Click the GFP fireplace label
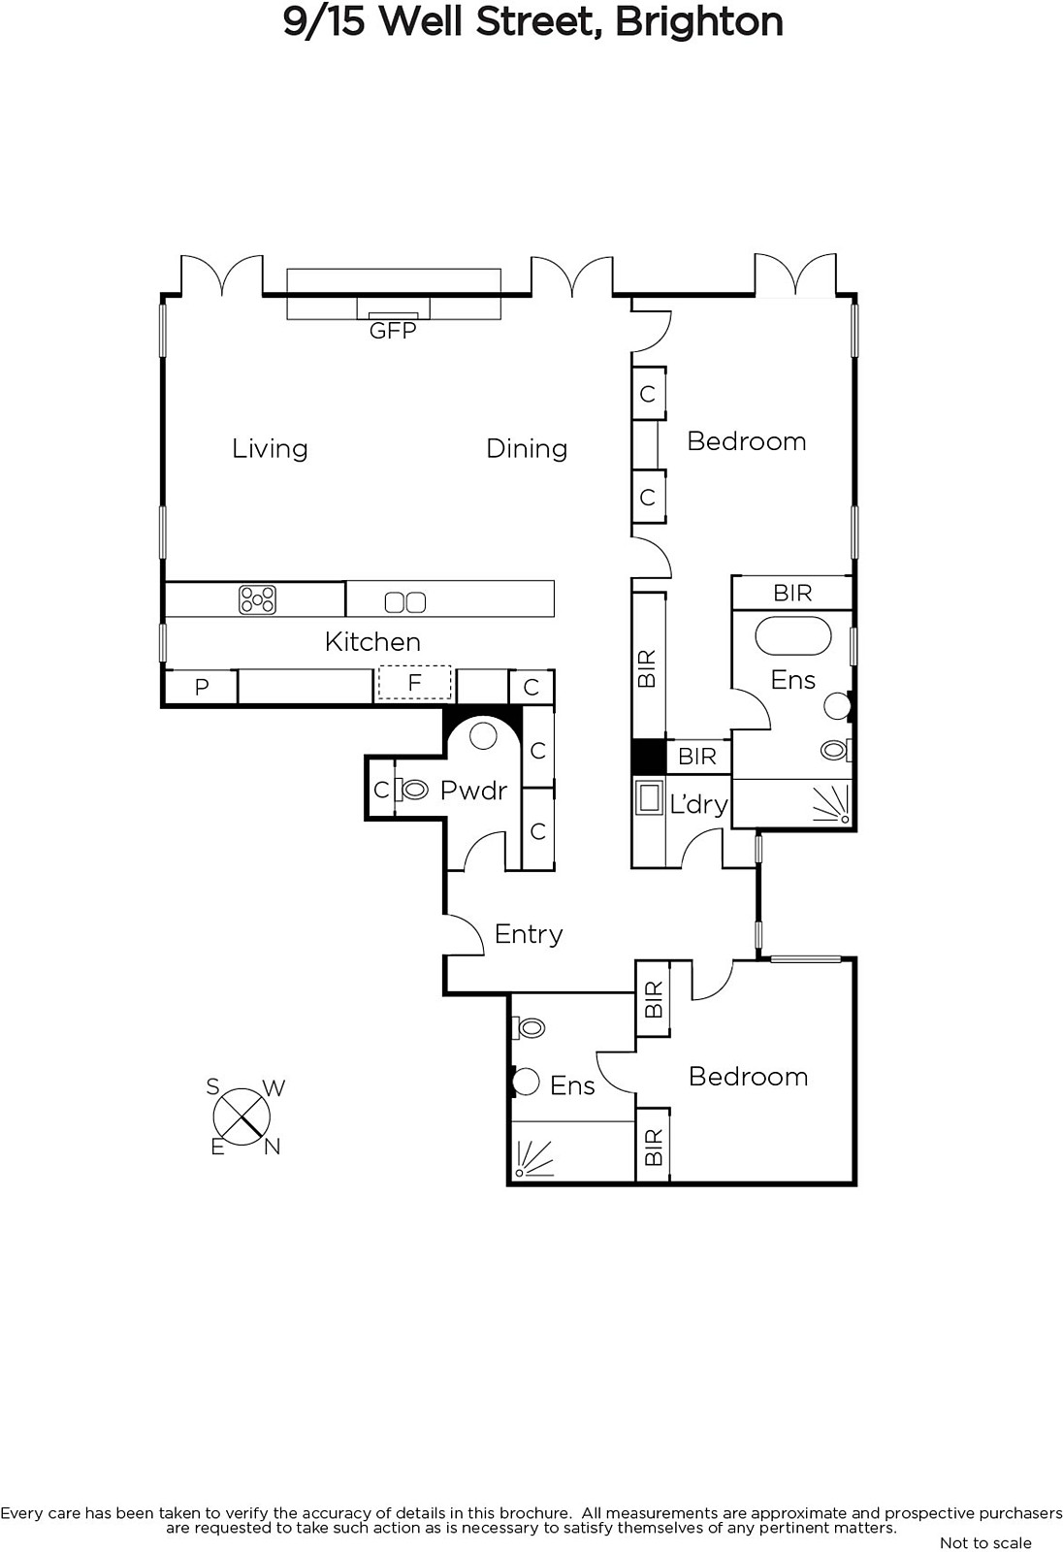click(392, 331)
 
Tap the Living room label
click(270, 449)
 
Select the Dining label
click(527, 449)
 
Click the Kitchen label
click(372, 641)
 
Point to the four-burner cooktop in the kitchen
click(257, 600)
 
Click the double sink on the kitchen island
click(405, 602)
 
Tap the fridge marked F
click(414, 683)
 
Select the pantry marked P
click(202, 687)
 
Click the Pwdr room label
click(474, 791)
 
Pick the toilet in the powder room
click(410, 790)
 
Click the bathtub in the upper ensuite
click(792, 636)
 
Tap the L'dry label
click(698, 804)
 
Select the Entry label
click(529, 935)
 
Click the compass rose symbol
click(242, 1116)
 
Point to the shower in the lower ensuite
click(534, 1158)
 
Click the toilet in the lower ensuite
click(529, 1027)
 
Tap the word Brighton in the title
click(699, 22)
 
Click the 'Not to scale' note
click(985, 1542)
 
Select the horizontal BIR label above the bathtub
click(792, 593)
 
